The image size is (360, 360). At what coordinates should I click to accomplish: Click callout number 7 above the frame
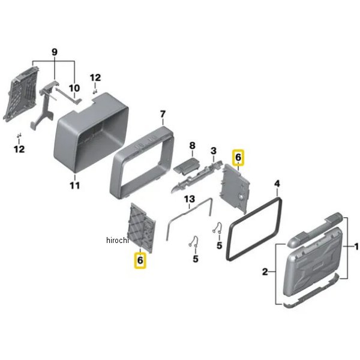click(163, 114)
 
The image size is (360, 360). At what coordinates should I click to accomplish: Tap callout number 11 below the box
click(75, 185)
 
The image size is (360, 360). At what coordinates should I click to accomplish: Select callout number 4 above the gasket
click(277, 184)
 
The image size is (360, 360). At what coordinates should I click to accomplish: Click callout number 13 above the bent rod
click(190, 199)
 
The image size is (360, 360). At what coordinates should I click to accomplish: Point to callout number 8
click(192, 145)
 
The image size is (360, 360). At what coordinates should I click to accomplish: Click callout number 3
click(214, 151)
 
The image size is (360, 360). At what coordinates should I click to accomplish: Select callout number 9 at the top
click(54, 52)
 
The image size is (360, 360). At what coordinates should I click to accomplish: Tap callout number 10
click(74, 88)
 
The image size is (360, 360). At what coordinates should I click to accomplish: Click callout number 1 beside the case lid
click(356, 247)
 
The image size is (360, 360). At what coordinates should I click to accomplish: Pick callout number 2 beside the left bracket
click(265, 272)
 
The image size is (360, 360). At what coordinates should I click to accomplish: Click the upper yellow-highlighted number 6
click(238, 157)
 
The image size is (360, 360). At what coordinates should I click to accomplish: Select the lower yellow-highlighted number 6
click(140, 260)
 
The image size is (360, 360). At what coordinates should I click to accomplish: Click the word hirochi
click(118, 241)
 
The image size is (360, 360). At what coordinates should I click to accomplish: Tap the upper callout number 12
click(95, 78)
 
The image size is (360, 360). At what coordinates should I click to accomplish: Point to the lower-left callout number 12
click(19, 149)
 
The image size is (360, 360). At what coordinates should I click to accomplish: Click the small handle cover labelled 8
click(187, 166)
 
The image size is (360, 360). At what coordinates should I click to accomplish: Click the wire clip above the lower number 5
click(194, 242)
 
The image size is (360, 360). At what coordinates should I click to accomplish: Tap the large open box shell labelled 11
click(91, 132)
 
